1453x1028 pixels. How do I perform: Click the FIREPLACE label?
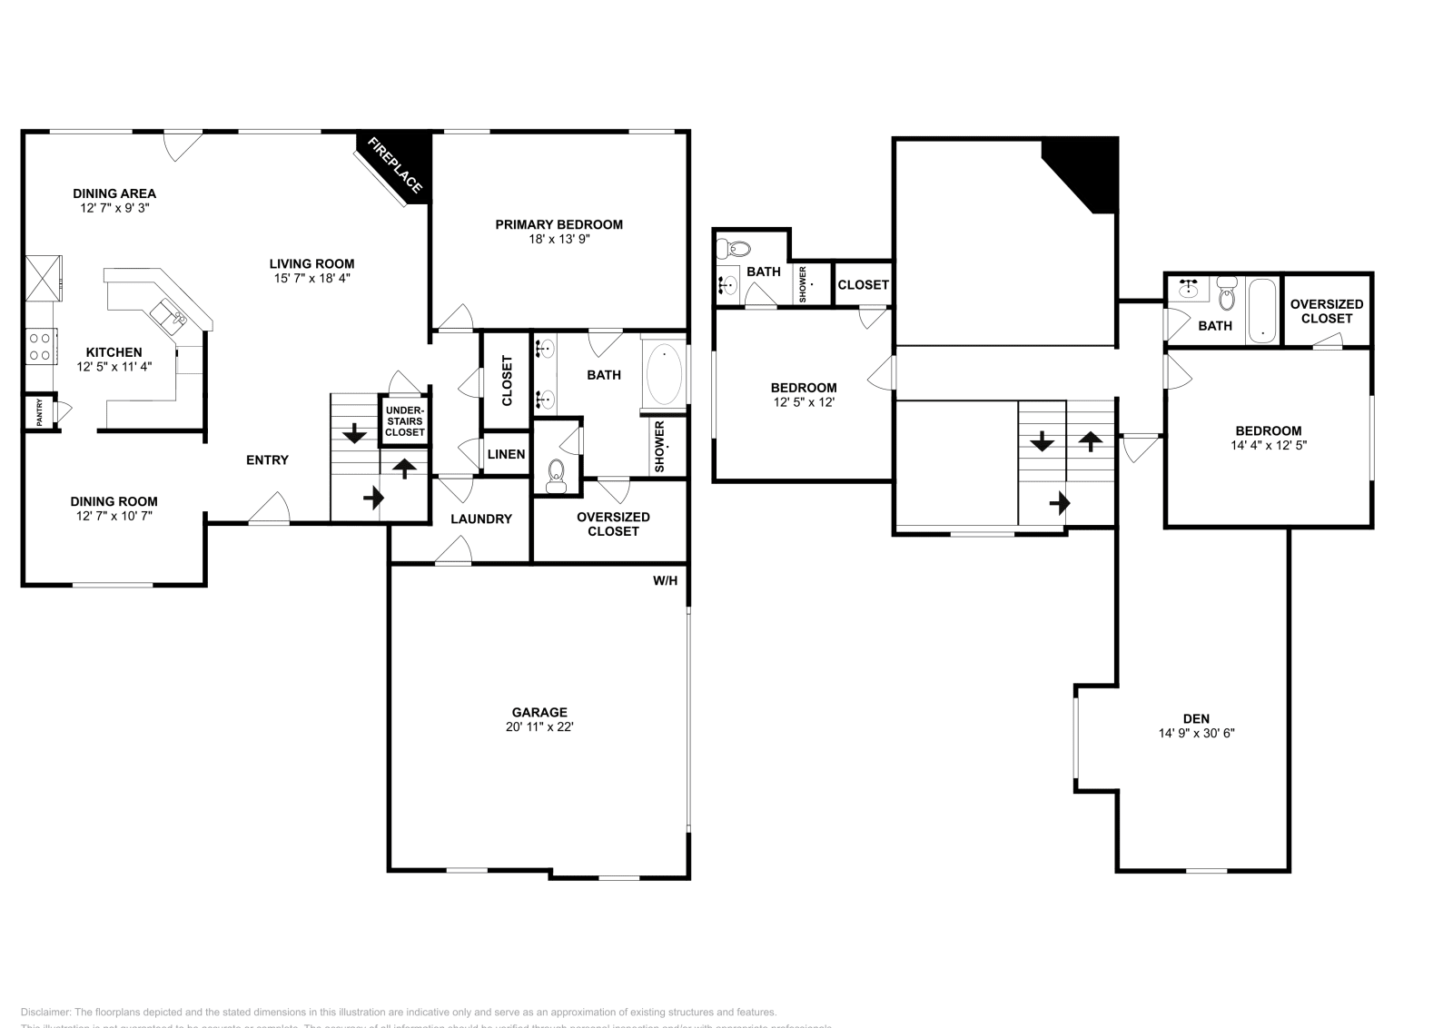click(x=394, y=165)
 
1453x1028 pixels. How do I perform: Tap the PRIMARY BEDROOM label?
click(x=558, y=224)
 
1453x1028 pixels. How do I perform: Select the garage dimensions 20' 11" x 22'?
click(x=539, y=727)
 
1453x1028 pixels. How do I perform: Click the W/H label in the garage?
click(x=665, y=580)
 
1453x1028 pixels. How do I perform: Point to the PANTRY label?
click(x=40, y=412)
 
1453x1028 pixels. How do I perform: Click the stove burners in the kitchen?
click(x=41, y=345)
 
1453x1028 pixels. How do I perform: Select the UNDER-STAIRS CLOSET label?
click(x=404, y=421)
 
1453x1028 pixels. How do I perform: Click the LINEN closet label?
click(x=506, y=454)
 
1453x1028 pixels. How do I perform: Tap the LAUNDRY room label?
click(x=481, y=519)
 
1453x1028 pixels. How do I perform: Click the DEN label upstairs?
click(x=1196, y=718)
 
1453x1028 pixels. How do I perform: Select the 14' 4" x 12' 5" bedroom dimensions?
click(x=1268, y=446)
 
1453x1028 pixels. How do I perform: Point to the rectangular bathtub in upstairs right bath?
click(x=1262, y=311)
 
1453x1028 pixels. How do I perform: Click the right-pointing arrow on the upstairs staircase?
click(x=1059, y=502)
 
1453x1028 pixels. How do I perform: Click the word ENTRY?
click(x=267, y=460)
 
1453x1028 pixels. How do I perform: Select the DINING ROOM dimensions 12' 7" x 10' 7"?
click(x=114, y=516)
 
